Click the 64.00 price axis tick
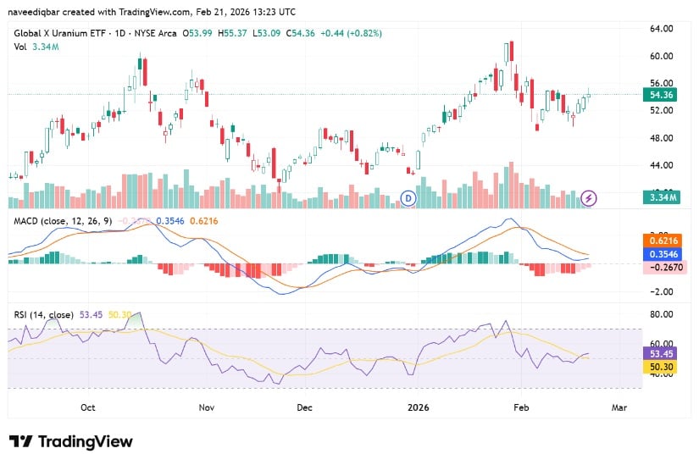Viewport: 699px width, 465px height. click(662, 29)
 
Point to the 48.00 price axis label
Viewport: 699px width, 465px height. click(662, 138)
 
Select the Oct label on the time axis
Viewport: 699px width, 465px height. click(88, 407)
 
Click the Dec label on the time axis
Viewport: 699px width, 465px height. click(304, 407)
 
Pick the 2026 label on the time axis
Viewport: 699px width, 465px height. click(419, 407)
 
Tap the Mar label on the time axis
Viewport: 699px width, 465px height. click(619, 407)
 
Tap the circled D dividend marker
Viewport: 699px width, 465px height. click(408, 198)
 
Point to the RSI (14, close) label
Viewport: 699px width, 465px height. click(42, 315)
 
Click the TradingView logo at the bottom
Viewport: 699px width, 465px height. click(71, 441)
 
